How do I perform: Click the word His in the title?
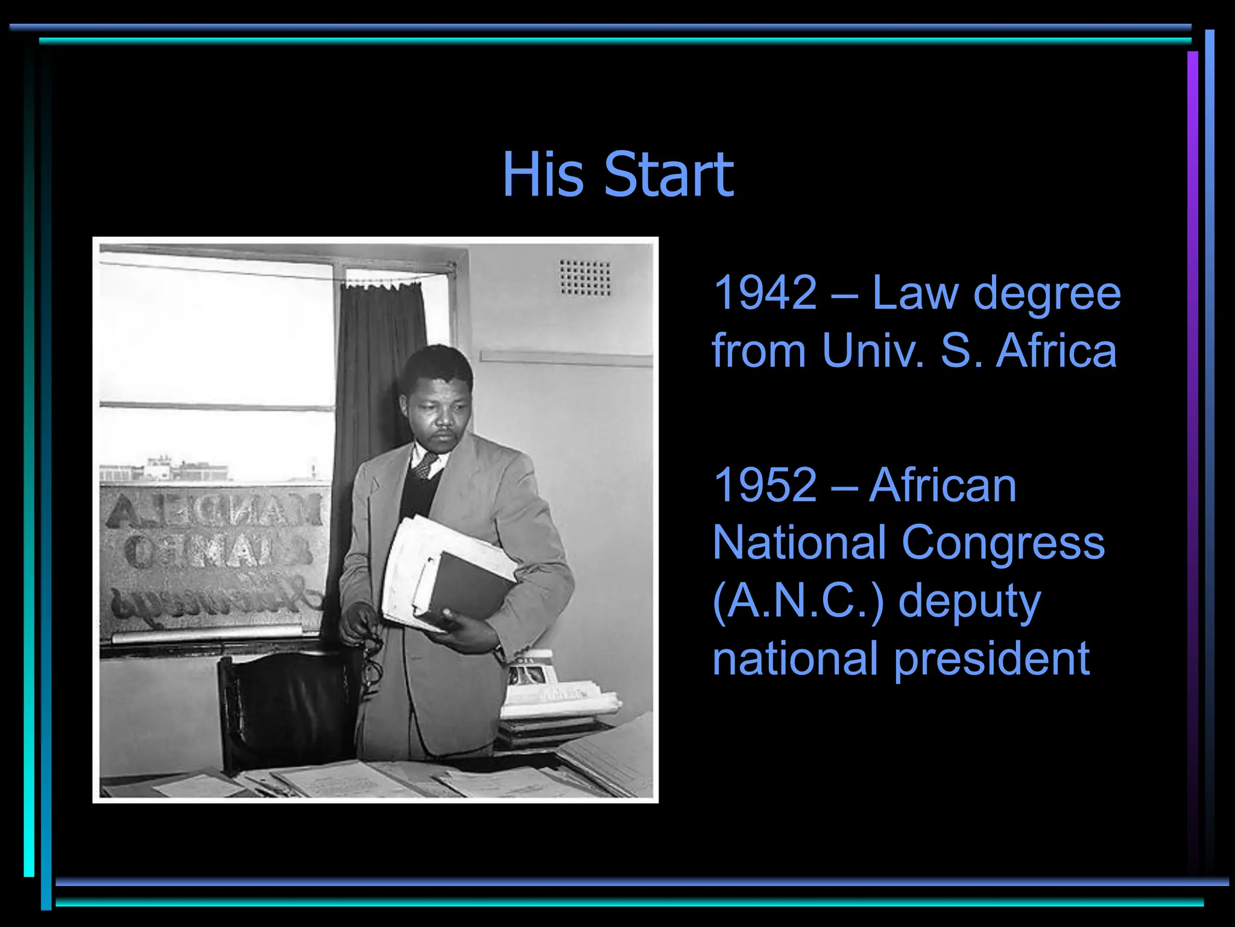tap(543, 175)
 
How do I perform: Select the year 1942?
tap(765, 293)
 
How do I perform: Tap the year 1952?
tap(765, 485)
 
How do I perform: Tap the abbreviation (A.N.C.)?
tap(797, 601)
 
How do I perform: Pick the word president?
tap(991, 659)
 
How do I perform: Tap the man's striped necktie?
tap(426, 465)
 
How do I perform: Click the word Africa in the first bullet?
tap(1056, 351)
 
